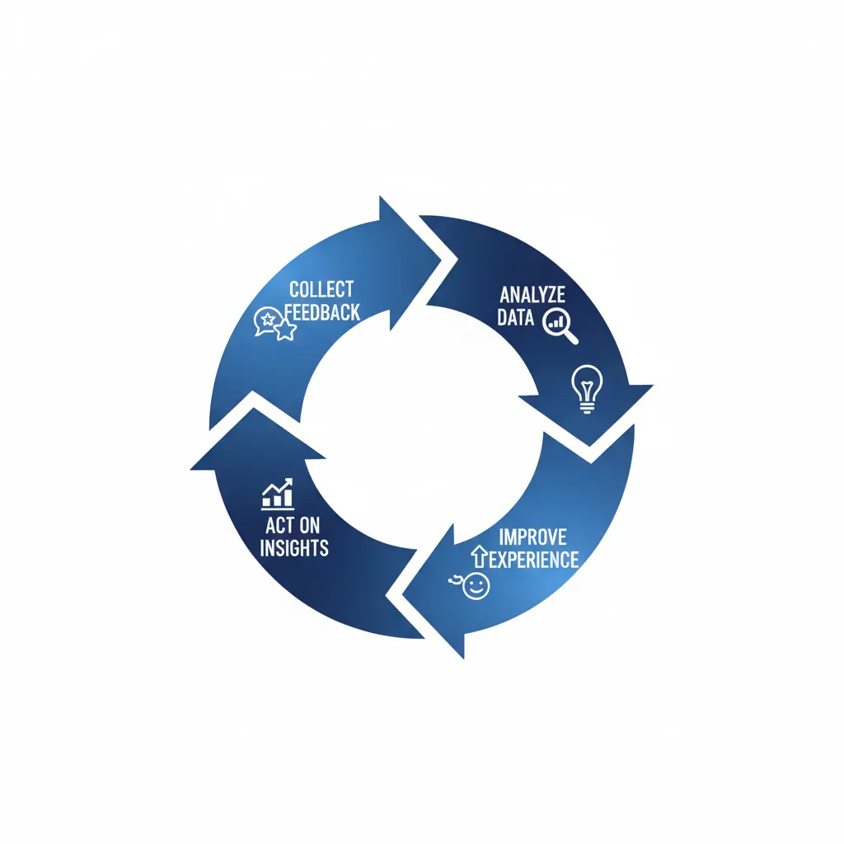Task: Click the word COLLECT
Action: click(321, 289)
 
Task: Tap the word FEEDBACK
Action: click(323, 312)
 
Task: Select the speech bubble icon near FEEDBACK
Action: click(265, 320)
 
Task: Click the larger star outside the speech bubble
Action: click(285, 331)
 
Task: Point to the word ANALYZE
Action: click(532, 295)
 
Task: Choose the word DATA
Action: click(515, 317)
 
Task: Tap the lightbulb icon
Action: click(587, 388)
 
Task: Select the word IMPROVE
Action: click(532, 537)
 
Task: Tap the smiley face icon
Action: click(475, 587)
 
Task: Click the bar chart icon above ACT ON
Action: click(278, 494)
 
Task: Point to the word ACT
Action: click(280, 525)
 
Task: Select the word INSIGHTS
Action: click(294, 547)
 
